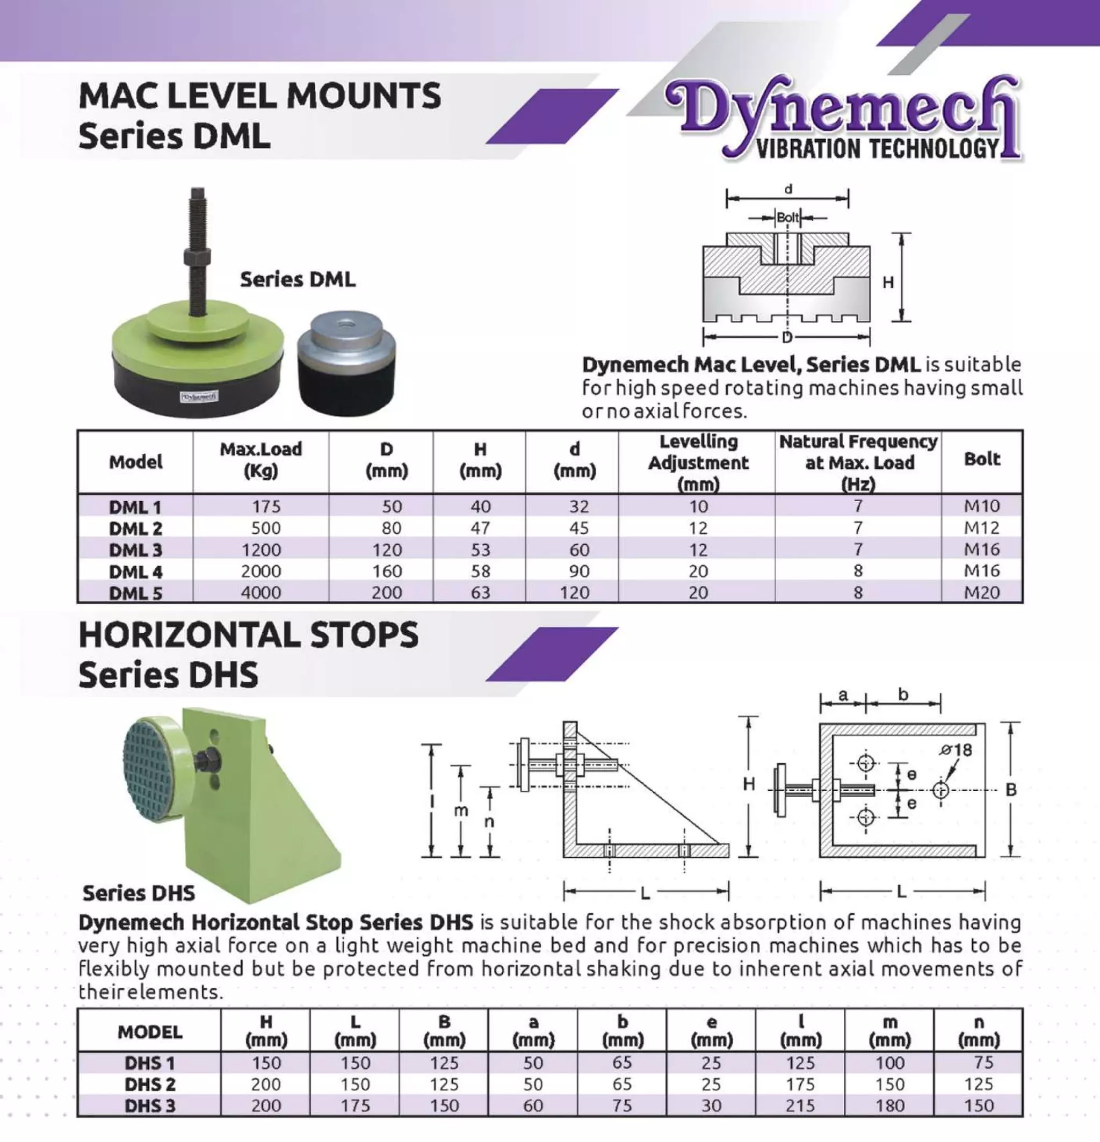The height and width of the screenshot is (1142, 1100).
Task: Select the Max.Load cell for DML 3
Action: pyautogui.click(x=261, y=550)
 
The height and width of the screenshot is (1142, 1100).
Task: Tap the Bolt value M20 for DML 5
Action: pyautogui.click(x=982, y=592)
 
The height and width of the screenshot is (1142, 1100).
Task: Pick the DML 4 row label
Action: pyautogui.click(x=135, y=572)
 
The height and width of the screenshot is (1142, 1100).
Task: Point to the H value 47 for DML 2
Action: pyautogui.click(x=480, y=528)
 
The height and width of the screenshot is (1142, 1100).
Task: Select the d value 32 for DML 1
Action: pyautogui.click(x=578, y=507)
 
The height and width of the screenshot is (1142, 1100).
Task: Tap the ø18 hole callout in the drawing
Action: pyautogui.click(x=956, y=750)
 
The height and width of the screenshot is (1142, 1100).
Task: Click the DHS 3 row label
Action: pyautogui.click(x=150, y=1105)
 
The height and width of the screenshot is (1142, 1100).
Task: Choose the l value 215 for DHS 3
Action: pyautogui.click(x=800, y=1105)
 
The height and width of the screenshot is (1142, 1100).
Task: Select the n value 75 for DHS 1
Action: pyautogui.click(x=983, y=1062)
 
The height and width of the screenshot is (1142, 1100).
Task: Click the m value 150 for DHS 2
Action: pyautogui.click(x=889, y=1084)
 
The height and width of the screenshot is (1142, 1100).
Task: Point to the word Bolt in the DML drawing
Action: pyautogui.click(x=788, y=218)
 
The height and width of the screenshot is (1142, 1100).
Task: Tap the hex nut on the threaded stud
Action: pyautogui.click(x=197, y=257)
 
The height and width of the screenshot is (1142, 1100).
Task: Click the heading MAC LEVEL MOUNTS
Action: pyautogui.click(x=260, y=96)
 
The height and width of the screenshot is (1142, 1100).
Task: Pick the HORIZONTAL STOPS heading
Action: pyautogui.click(x=248, y=634)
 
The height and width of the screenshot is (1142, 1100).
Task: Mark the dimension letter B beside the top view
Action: pyautogui.click(x=1011, y=790)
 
